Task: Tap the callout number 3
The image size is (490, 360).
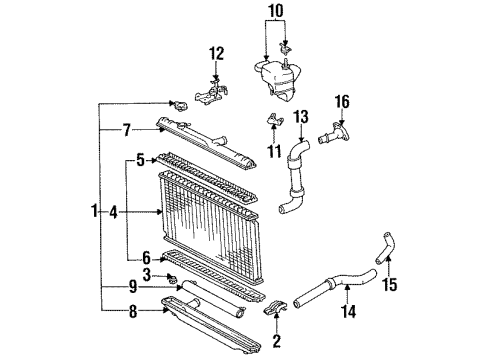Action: click(x=147, y=274)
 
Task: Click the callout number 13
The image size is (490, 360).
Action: click(x=301, y=118)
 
